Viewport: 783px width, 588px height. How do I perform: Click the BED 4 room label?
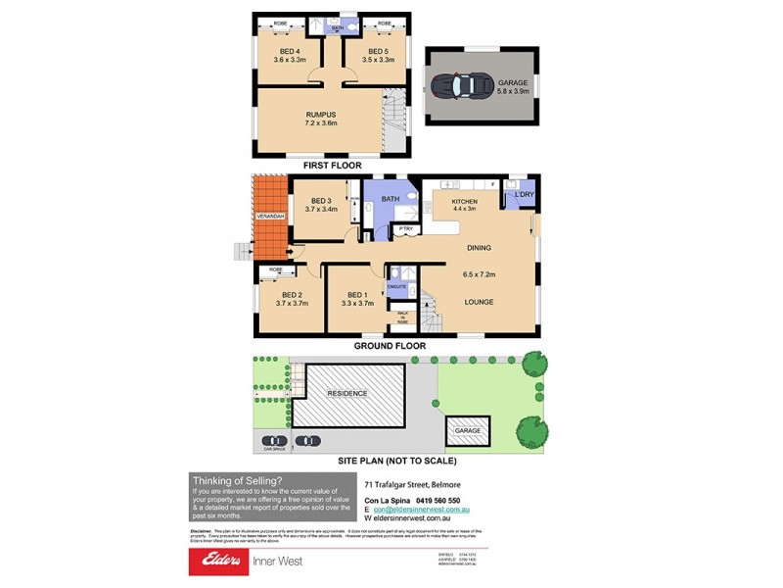289,51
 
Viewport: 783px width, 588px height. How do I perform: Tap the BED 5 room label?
380,51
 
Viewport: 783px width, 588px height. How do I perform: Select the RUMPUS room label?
321,114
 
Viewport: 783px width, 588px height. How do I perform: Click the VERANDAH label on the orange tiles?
269,215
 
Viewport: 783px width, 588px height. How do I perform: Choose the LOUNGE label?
478,302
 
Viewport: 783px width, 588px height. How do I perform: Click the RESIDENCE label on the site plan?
347,393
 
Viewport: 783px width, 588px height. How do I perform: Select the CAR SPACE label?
272,449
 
